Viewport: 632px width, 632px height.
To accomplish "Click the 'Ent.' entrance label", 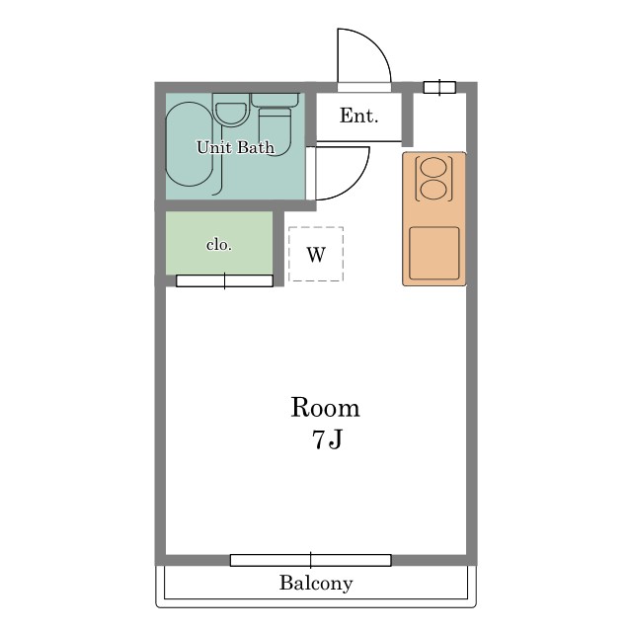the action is [x=358, y=117].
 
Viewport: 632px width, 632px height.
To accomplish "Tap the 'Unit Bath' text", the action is [x=235, y=147].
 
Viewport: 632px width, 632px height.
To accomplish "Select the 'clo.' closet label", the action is [x=219, y=245].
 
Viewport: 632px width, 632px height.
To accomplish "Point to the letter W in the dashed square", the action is [x=316, y=255].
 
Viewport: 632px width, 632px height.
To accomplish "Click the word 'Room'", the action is [x=325, y=408].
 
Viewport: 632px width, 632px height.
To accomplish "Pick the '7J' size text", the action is [x=327, y=439].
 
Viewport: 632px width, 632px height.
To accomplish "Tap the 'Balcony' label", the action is [x=316, y=584].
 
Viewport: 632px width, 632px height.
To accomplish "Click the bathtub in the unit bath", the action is [x=189, y=144].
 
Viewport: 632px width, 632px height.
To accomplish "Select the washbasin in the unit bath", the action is [x=230, y=114].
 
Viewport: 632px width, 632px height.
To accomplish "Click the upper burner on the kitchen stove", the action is [x=434, y=167].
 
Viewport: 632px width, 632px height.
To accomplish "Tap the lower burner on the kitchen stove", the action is [x=434, y=190].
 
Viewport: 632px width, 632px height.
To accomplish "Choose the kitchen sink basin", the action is [x=434, y=253].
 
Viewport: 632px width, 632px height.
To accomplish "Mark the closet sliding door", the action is [x=224, y=280].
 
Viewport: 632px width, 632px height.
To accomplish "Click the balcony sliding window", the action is [x=311, y=560].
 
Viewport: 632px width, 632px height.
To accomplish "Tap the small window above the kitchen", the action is [x=439, y=88].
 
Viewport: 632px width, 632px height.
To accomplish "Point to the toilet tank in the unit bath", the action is [x=276, y=100].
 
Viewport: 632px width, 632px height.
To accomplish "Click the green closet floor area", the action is [x=219, y=243].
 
